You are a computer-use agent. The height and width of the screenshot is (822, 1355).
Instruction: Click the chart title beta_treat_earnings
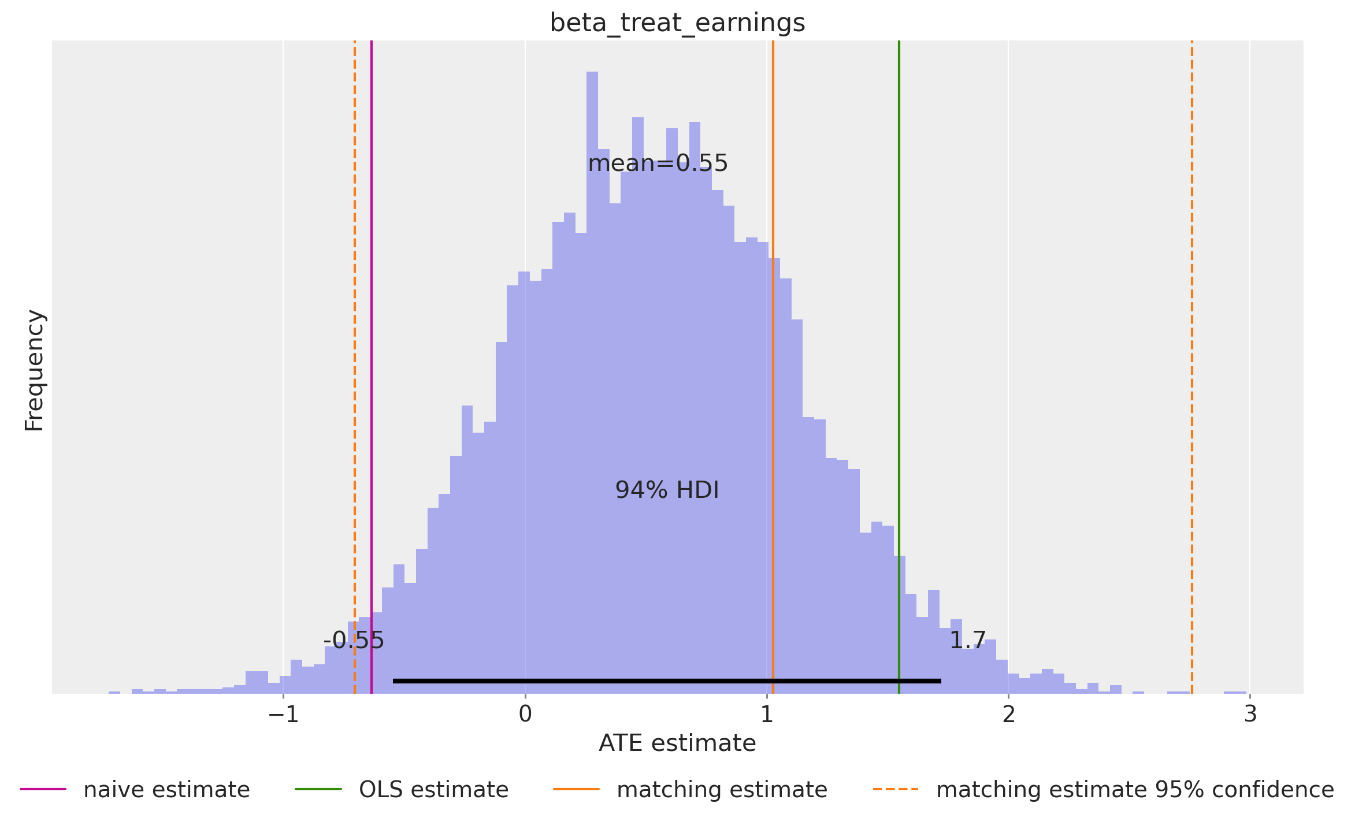677,23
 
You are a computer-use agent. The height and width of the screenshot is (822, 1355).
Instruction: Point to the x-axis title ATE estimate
677,743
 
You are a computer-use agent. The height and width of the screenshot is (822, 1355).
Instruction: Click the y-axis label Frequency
35,370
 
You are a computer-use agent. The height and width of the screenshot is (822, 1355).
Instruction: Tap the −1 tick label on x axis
283,715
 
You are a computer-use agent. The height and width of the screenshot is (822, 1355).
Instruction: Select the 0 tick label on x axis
525,715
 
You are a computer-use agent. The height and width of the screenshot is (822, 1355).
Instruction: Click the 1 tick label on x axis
767,715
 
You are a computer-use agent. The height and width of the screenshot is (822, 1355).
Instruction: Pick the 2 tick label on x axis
1008,715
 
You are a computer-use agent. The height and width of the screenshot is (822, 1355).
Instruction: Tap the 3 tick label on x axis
1250,715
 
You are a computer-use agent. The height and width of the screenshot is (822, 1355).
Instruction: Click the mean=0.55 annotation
658,163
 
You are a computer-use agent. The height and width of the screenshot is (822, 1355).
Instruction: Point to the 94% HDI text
667,490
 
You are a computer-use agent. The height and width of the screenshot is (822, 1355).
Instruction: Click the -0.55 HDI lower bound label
354,640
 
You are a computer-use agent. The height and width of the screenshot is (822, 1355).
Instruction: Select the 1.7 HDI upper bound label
967,640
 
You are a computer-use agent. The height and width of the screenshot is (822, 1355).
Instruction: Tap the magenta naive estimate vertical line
372,347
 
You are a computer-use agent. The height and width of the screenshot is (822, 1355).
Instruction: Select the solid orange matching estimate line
773,173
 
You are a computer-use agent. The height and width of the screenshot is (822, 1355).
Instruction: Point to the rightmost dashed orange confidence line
1192,347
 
